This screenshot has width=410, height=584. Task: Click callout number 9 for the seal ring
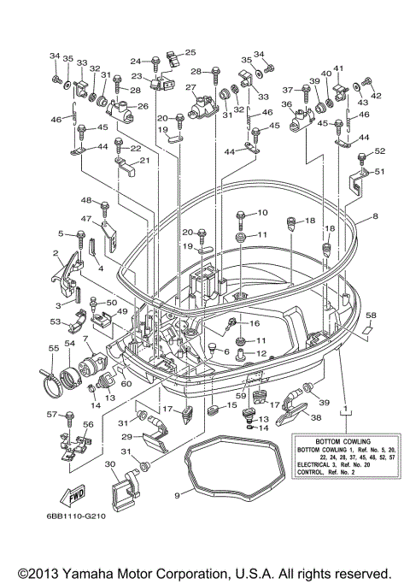click(177, 495)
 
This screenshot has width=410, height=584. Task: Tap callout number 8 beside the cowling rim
click(373, 218)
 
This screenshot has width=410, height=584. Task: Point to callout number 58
click(371, 316)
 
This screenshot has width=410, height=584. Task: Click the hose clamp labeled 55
click(51, 374)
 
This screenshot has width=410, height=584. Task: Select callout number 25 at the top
click(190, 53)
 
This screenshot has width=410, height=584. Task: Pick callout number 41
click(338, 68)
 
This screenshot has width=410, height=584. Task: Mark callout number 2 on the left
click(55, 253)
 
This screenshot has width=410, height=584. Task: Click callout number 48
click(85, 200)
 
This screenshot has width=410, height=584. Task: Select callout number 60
click(126, 384)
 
